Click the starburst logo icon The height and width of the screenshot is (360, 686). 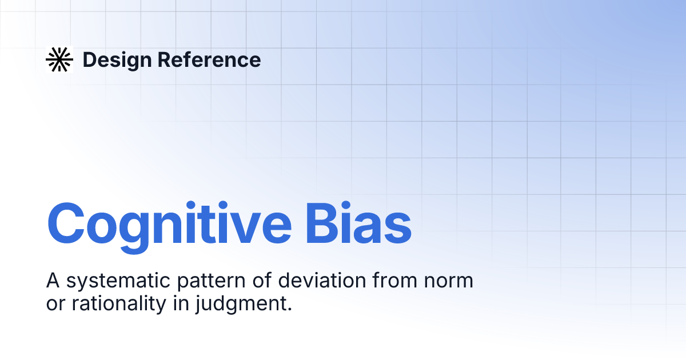[59, 59]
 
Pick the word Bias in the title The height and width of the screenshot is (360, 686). [358, 223]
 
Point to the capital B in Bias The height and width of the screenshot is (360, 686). [322, 223]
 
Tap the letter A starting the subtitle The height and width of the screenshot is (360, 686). [53, 281]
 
